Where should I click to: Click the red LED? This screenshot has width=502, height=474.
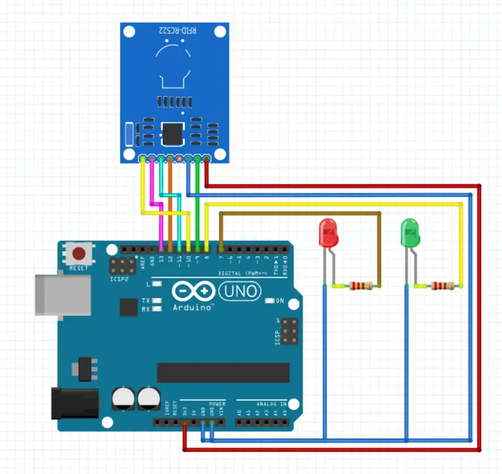click(327, 233)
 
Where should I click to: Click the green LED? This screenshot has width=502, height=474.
click(410, 233)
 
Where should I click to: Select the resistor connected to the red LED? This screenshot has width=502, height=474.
click(361, 285)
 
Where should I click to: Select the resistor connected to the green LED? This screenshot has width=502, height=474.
click(443, 285)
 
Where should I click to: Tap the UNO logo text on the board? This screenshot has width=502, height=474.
click(239, 290)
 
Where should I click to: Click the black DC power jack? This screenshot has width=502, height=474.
click(74, 403)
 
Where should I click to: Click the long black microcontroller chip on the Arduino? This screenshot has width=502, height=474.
click(222, 372)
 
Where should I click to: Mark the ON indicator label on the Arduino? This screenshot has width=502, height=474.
click(280, 301)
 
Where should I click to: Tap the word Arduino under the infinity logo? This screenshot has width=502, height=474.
click(192, 307)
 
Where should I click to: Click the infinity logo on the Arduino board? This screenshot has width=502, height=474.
click(193, 290)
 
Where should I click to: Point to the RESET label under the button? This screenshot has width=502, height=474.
click(79, 268)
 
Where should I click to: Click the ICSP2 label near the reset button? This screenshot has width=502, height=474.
click(118, 279)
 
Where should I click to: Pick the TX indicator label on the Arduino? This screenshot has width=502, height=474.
click(146, 301)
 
